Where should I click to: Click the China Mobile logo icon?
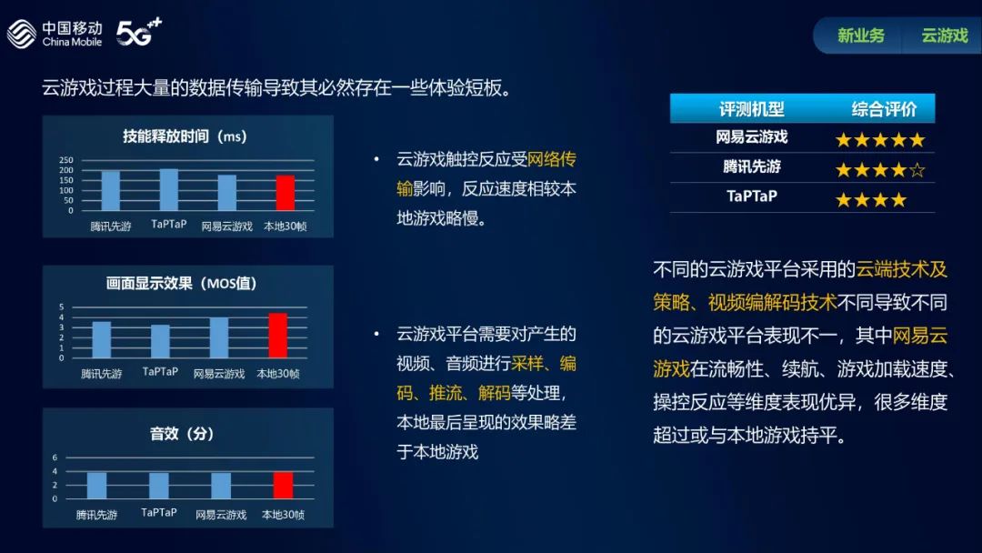pyautogui.click(x=22, y=34)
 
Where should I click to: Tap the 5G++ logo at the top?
pyautogui.click(x=139, y=32)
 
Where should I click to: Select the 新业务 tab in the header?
pyautogui.click(x=861, y=35)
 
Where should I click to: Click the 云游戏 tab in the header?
pyautogui.click(x=945, y=35)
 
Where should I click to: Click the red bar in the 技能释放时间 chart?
pyautogui.click(x=286, y=193)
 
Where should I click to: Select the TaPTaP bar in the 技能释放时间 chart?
pyautogui.click(x=169, y=190)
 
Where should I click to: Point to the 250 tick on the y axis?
pyautogui.click(x=66, y=160)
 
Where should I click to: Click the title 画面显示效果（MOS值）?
pyautogui.click(x=182, y=283)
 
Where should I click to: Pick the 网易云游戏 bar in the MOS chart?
pyautogui.click(x=219, y=337)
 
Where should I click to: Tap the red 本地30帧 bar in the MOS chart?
pyautogui.click(x=278, y=336)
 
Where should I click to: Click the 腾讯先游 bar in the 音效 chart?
pyautogui.click(x=96, y=486)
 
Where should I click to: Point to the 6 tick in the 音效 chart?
pyautogui.click(x=55, y=457)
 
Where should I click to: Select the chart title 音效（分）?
pyautogui.click(x=182, y=433)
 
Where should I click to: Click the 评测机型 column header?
pyautogui.click(x=752, y=109)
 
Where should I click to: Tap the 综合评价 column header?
pyautogui.click(x=884, y=109)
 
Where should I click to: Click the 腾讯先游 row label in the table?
pyautogui.click(x=752, y=166)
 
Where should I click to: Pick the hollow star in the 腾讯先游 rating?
pyautogui.click(x=917, y=170)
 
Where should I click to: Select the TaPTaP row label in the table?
pyautogui.click(x=752, y=196)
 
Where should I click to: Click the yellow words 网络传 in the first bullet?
pyautogui.click(x=552, y=159)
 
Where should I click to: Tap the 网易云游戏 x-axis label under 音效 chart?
pyautogui.click(x=221, y=515)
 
